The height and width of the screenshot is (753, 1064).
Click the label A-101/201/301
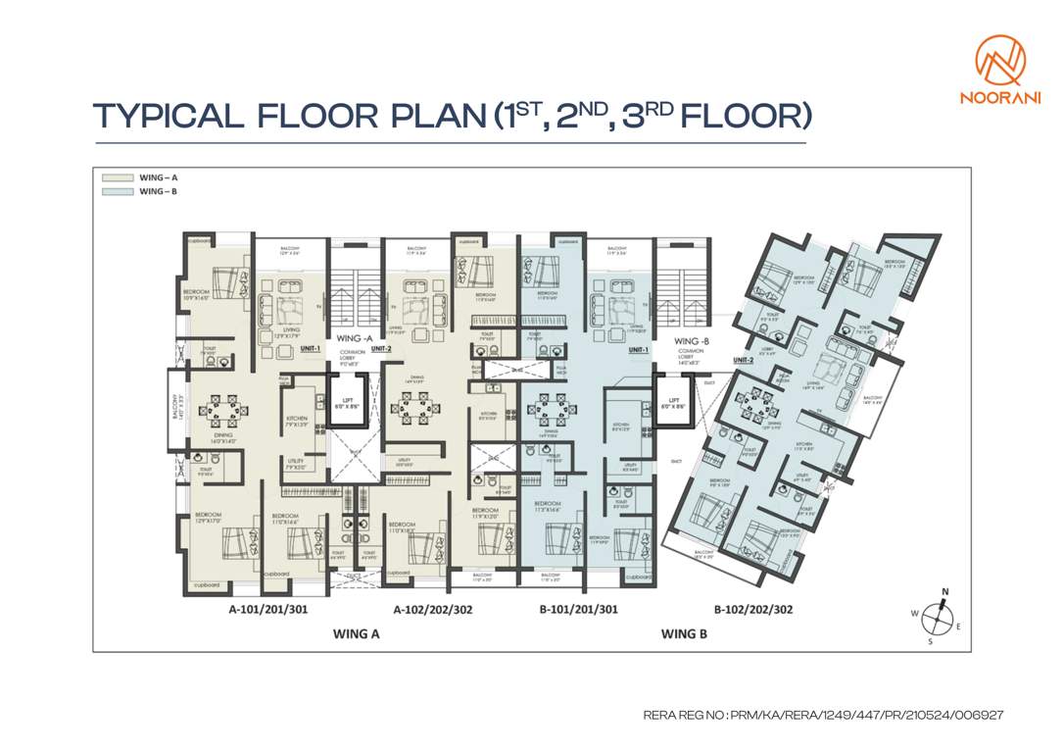268,610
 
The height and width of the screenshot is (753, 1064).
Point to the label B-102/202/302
752,610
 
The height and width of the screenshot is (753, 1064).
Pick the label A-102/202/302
433,610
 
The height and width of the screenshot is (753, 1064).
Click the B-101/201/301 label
580,610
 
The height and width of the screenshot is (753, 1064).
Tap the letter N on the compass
945,592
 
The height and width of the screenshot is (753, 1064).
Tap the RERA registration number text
823,716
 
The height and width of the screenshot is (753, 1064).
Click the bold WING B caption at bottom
683,633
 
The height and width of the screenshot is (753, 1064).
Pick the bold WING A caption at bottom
356,633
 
